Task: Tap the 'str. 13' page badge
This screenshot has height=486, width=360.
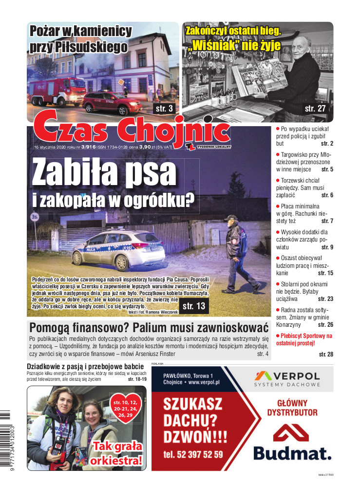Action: click(x=193, y=306)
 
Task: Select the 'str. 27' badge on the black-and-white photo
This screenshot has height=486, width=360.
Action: click(x=315, y=108)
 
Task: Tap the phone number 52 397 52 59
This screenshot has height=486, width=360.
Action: click(x=193, y=455)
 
